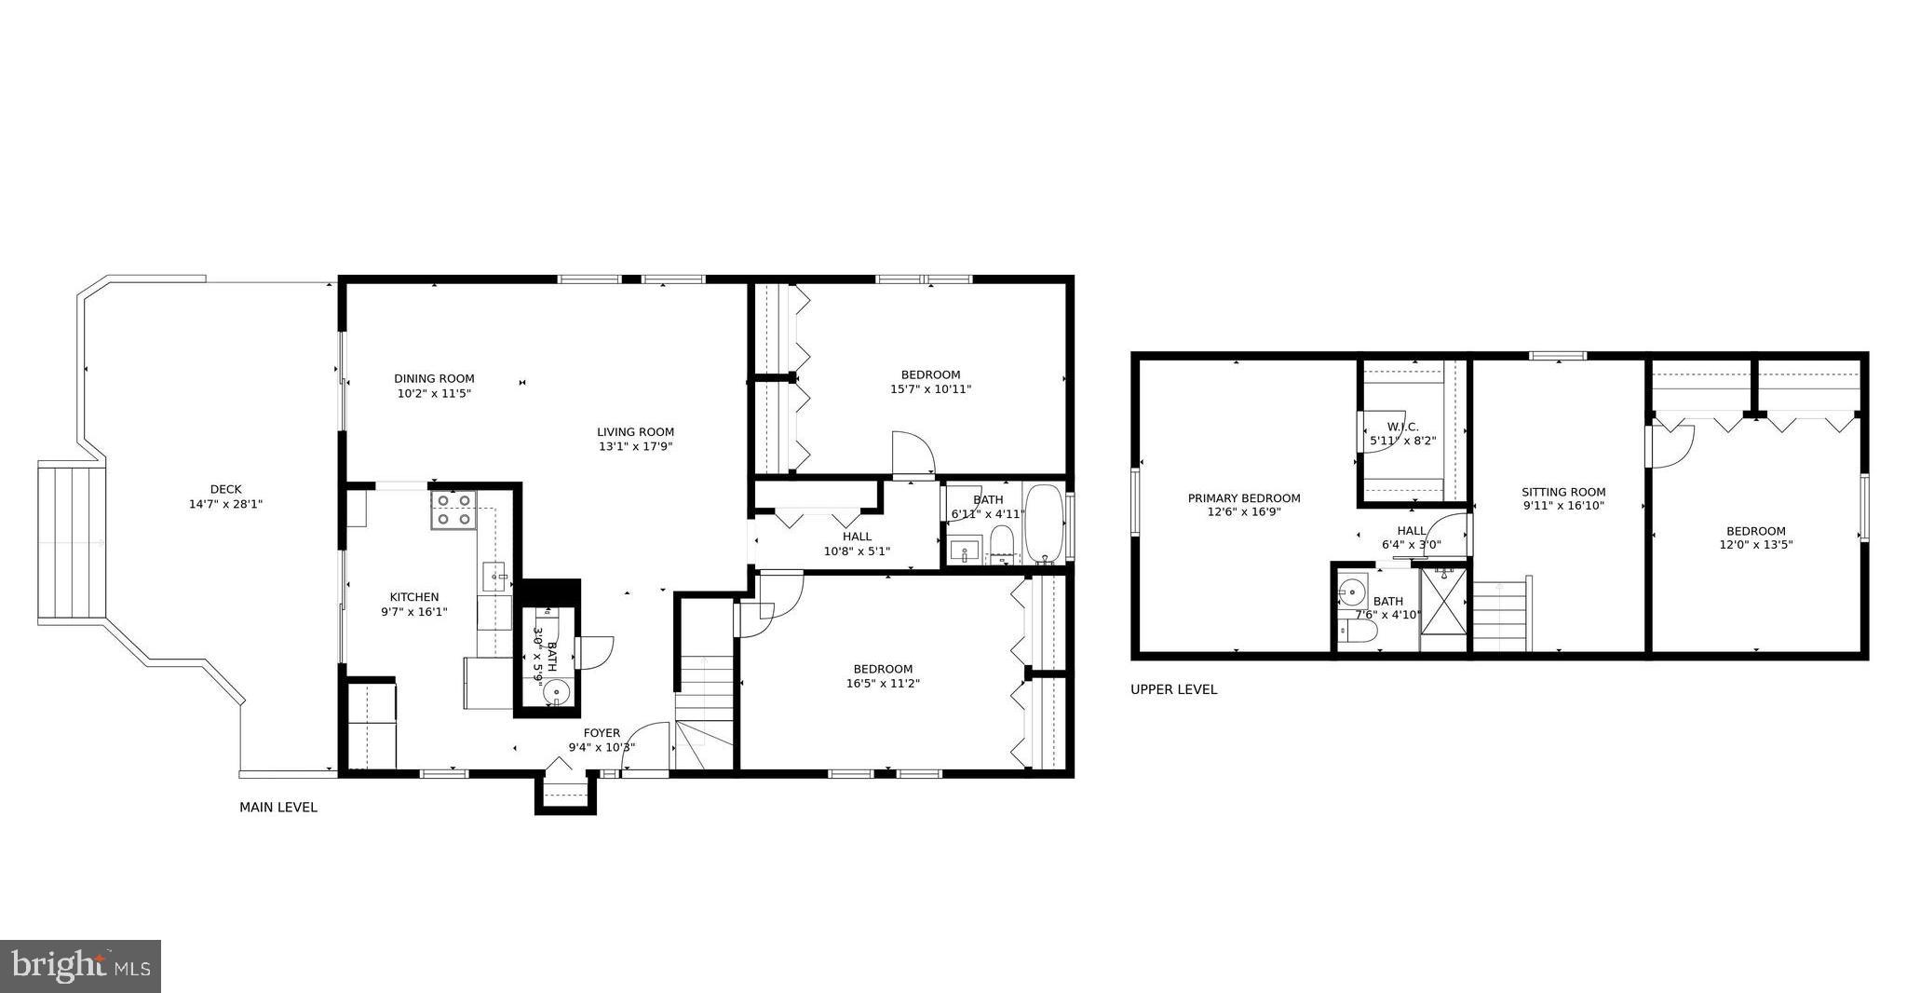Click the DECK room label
225,489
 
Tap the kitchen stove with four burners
453,510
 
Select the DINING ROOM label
434,378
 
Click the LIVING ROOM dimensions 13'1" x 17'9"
635,446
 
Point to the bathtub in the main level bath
1045,524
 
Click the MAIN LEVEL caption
278,808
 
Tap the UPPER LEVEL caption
1173,690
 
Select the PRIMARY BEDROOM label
1244,498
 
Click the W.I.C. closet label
1402,427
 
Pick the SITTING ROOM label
1563,492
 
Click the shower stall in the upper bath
1444,609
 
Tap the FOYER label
602,733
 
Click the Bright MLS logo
81,966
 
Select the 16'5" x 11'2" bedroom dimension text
883,683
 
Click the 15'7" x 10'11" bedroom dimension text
930,389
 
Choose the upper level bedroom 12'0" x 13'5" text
1755,545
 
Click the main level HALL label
857,537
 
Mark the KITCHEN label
413,597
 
